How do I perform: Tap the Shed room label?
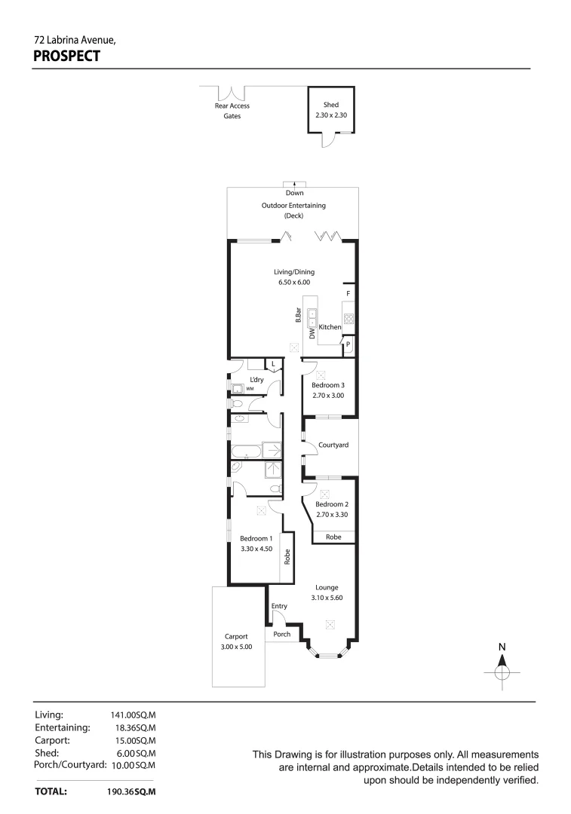330,105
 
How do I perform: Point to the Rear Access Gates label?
232,111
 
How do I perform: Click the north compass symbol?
502,669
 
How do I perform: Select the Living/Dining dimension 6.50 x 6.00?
294,283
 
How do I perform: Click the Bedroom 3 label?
328,385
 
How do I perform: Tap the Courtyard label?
333,445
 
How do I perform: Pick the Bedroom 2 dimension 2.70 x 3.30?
331,515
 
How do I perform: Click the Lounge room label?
327,587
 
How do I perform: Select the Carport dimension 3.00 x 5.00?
236,647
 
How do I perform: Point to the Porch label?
282,635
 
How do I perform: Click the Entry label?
279,606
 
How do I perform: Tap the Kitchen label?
330,327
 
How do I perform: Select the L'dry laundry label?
256,379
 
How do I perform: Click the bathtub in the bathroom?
246,452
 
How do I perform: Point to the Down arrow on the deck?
294,185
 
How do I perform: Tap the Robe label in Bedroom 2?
333,537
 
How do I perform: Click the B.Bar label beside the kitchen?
299,316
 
